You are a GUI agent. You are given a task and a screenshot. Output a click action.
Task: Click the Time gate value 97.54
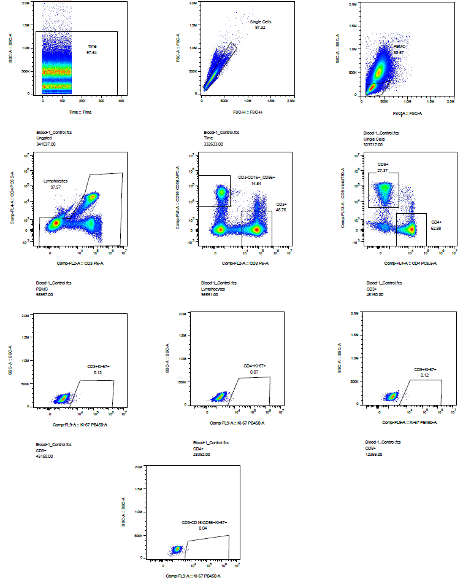click(x=91, y=52)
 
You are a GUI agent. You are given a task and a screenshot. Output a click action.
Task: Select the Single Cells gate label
click(x=260, y=22)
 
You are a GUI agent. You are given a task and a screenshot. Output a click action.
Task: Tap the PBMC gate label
click(x=399, y=46)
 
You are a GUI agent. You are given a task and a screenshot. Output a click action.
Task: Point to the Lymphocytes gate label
click(x=55, y=181)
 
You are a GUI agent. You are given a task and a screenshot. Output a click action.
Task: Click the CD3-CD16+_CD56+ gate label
click(x=257, y=177)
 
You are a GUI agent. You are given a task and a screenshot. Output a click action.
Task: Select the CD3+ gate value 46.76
click(x=282, y=210)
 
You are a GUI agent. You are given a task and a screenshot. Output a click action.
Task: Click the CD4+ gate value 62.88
click(x=437, y=229)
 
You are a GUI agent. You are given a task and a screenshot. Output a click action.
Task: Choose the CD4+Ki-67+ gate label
click(x=254, y=366)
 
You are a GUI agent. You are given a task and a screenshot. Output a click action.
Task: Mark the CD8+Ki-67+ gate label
click(x=425, y=369)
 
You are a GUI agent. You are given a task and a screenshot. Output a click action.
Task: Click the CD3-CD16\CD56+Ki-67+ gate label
click(x=204, y=522)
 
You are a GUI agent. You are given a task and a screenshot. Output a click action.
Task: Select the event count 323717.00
click(x=374, y=144)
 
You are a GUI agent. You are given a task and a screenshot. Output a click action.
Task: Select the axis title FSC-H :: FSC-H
click(x=246, y=112)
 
